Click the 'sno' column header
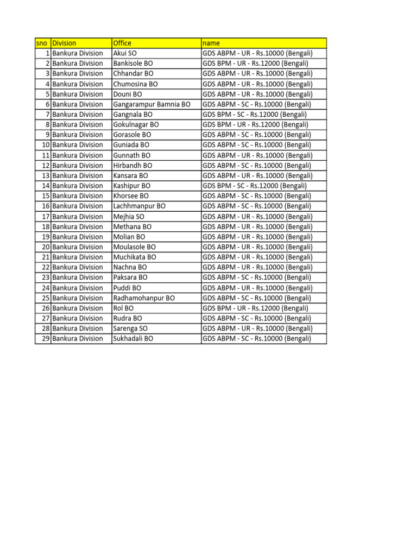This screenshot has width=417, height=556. tap(42, 43)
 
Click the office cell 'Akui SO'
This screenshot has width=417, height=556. tap(125, 53)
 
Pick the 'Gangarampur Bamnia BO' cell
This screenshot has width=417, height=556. tap(151, 104)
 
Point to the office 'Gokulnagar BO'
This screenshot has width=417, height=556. tap(136, 124)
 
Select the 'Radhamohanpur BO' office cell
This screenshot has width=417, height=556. tap(144, 298)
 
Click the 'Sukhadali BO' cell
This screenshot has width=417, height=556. tap(133, 339)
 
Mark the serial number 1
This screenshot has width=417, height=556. tap(47, 53)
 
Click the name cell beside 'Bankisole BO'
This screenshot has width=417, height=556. tap(255, 64)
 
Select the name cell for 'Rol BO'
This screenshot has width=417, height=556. tap(255, 308)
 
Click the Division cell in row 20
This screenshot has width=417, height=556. tap(78, 247)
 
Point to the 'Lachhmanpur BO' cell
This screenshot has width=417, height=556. tap(140, 206)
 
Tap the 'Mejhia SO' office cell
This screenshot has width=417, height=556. tap(129, 217)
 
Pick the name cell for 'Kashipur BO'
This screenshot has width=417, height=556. tap(254, 186)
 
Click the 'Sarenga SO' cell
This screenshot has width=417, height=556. tap(130, 328)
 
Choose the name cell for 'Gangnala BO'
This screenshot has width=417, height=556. tap(254, 115)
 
